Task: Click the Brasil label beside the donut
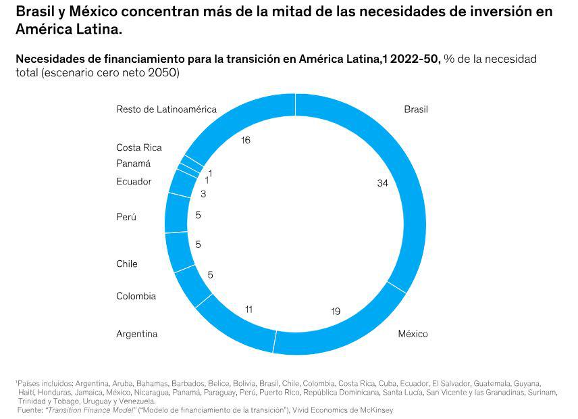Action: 416,109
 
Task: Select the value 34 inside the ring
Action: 383,183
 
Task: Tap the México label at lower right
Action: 413,334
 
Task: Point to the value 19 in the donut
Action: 336,312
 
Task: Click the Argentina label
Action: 136,334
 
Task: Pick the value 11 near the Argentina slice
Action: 248,310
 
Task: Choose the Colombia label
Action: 136,296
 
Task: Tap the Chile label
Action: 126,264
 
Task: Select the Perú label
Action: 126,217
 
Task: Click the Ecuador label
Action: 134,181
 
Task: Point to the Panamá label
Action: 133,164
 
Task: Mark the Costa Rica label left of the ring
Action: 139,147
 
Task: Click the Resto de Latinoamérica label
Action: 166,109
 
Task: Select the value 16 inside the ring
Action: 246,140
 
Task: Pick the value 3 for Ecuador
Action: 203,194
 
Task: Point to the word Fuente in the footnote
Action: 30,410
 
